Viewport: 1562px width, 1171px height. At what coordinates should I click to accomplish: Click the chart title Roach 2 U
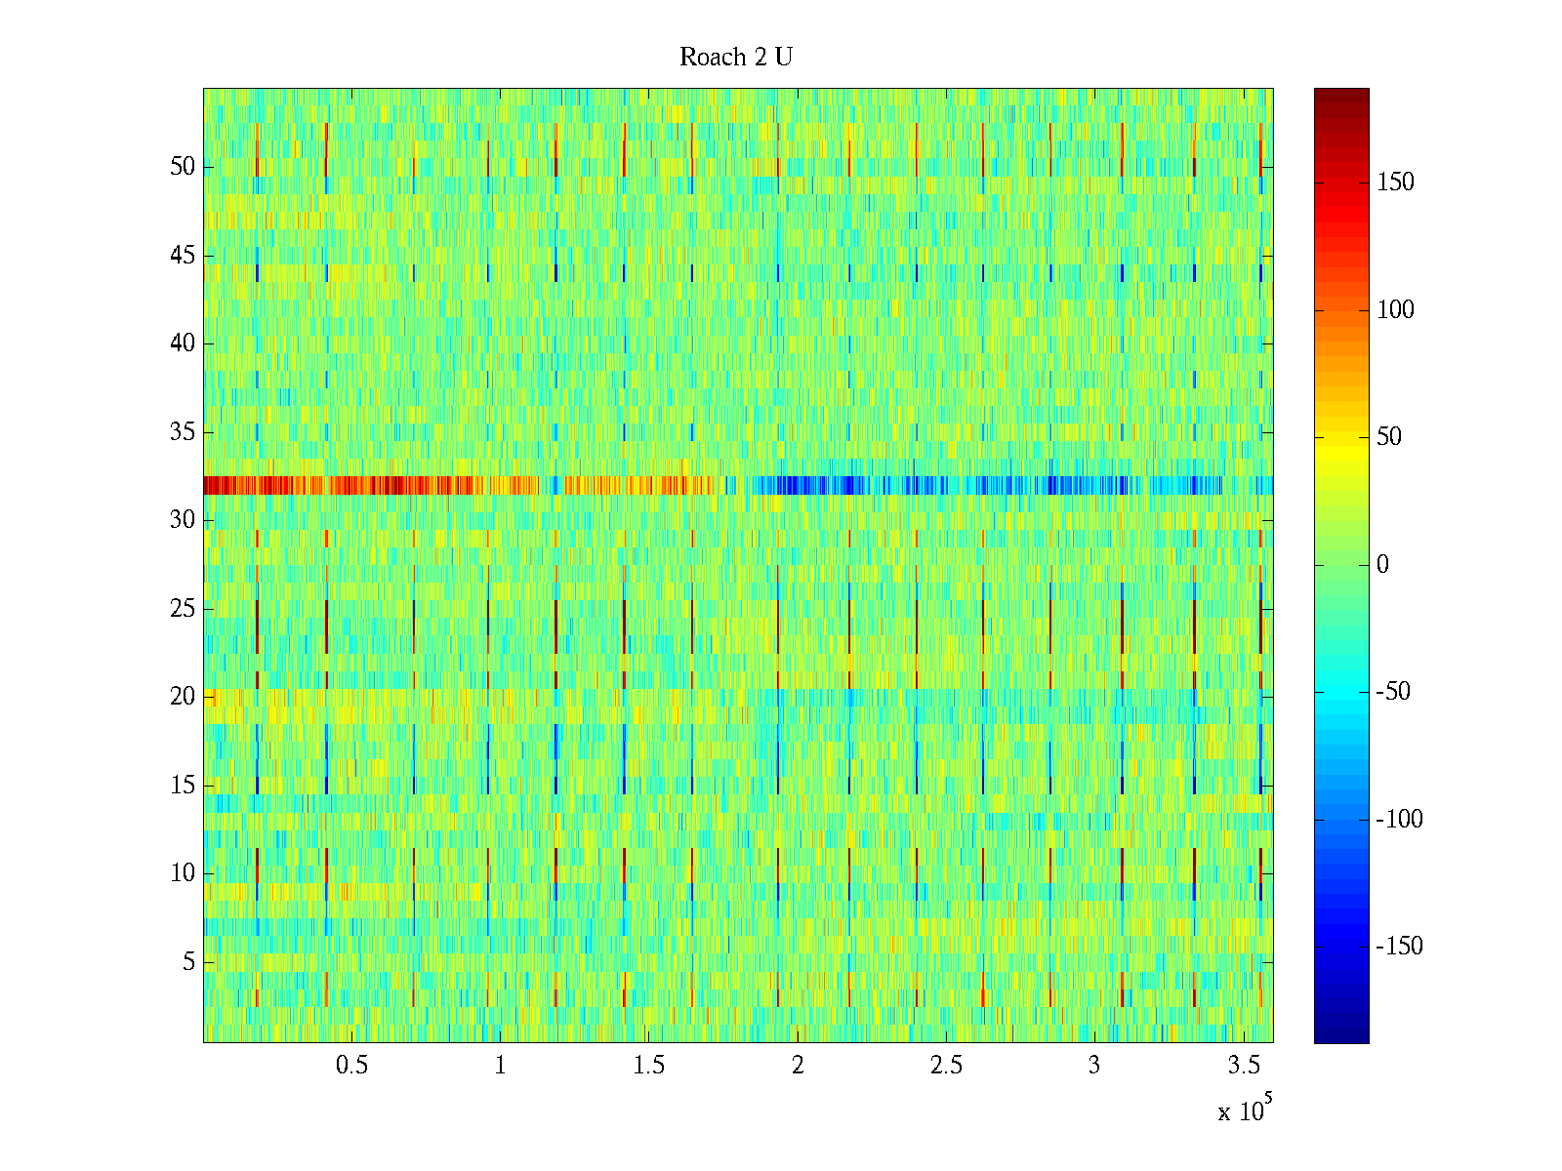pos(736,58)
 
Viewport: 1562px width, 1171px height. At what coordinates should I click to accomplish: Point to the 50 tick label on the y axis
pos(183,167)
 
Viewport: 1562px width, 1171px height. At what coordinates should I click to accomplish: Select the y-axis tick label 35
pos(183,432)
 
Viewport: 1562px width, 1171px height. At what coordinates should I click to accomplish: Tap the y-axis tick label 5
pos(188,962)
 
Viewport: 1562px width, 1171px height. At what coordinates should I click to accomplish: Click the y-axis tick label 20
pos(183,697)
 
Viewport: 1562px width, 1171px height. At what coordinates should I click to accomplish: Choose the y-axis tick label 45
pos(183,256)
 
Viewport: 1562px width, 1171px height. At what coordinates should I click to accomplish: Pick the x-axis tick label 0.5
pos(351,1066)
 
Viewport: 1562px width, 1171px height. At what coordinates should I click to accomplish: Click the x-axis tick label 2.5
pos(946,1066)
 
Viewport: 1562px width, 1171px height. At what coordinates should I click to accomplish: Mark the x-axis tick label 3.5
pos(1243,1066)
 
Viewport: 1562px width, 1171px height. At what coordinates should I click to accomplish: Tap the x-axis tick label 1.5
pos(649,1066)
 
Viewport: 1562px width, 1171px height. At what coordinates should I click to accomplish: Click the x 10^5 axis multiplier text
pos(1245,1110)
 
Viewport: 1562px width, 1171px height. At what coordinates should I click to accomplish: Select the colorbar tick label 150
pos(1395,182)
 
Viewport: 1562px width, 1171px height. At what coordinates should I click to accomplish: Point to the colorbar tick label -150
pos(1399,947)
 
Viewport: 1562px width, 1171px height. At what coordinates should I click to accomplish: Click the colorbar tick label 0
pos(1382,565)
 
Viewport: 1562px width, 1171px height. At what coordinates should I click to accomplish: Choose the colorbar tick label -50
pos(1393,692)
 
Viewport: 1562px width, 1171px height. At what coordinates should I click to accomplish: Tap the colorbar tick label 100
pos(1395,310)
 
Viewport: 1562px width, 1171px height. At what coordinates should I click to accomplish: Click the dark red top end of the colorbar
pos(1341,95)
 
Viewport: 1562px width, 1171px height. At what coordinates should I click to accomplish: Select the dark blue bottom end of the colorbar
pos(1341,1036)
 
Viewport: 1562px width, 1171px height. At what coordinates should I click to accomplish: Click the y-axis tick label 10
pos(183,873)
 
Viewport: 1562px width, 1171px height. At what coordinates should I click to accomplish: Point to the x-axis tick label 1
pos(500,1066)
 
